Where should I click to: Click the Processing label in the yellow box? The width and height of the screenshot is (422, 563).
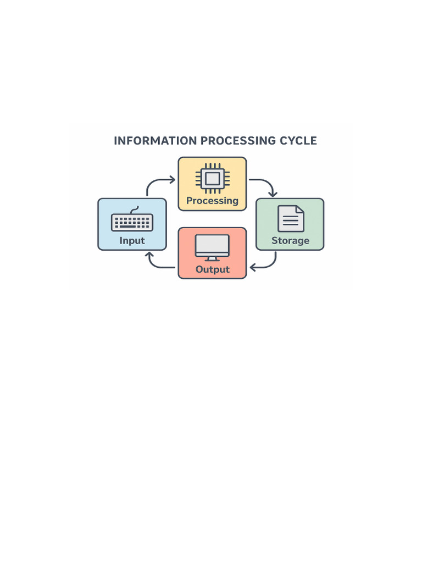point(212,201)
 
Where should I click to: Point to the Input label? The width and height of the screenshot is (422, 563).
point(132,240)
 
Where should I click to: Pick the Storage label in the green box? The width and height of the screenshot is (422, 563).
point(290,240)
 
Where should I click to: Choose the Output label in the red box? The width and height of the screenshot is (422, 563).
point(212,269)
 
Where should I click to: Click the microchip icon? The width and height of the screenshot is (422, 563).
point(212,178)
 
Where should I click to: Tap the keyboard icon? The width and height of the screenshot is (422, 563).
point(132,222)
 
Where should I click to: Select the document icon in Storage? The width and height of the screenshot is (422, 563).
point(291,218)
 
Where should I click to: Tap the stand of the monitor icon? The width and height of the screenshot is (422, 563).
point(212,259)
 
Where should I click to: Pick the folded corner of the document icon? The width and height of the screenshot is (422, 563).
point(299,210)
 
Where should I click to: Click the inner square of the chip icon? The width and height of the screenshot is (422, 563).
point(212,178)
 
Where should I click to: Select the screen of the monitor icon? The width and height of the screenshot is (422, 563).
point(212,245)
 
